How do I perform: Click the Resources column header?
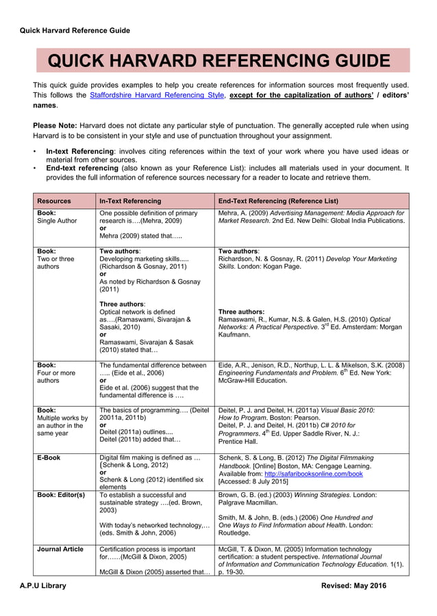53,201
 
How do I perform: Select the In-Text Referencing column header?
130,201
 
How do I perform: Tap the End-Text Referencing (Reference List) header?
277,201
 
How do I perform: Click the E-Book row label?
49,457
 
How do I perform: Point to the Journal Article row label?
60,549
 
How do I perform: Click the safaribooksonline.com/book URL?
312,473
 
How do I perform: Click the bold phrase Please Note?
55,125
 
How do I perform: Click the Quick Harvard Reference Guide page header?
75,30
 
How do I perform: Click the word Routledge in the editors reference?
234,533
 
